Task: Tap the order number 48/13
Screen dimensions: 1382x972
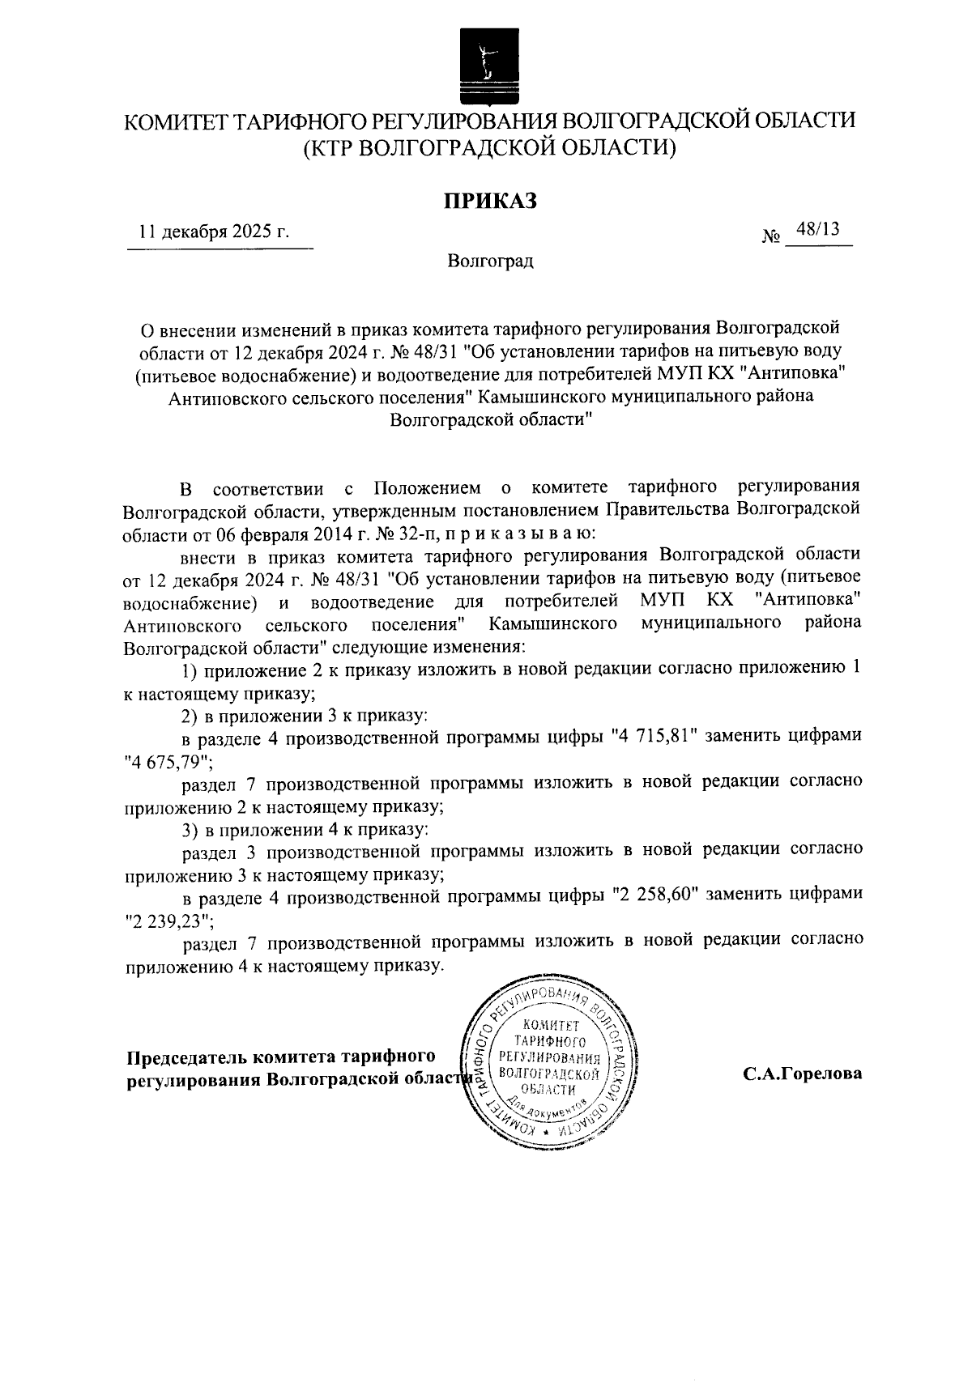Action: [817, 230]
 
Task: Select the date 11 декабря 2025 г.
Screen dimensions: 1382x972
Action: [214, 232]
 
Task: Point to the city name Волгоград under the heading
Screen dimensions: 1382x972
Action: [490, 262]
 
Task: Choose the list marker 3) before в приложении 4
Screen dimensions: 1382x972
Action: [190, 830]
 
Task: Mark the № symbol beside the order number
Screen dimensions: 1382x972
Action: [771, 237]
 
